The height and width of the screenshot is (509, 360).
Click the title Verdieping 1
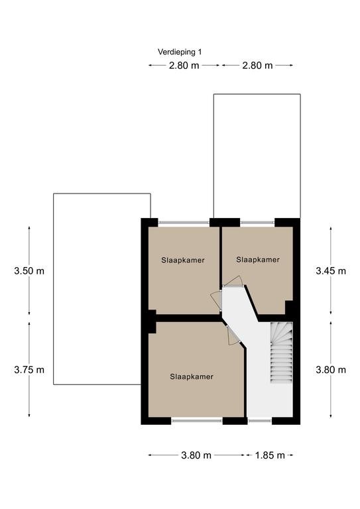[180, 52]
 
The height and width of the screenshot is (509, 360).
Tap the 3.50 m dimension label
[29, 270]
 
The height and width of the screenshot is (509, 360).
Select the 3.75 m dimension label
[29, 370]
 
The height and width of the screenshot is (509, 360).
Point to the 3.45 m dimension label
[331, 270]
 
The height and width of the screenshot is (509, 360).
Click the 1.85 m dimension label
[270, 455]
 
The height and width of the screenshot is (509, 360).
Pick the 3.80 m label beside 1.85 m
[196, 455]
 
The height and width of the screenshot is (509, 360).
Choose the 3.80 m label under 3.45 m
[331, 370]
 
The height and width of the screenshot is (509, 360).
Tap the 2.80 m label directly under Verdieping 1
[184, 66]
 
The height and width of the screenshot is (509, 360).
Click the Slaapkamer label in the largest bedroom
[192, 376]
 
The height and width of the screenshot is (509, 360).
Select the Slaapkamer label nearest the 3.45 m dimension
[258, 260]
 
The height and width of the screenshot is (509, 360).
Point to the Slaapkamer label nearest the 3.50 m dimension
[183, 260]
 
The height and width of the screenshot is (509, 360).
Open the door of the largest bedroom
[233, 335]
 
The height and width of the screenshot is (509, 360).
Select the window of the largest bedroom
[197, 421]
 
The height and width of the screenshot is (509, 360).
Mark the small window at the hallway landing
[260, 421]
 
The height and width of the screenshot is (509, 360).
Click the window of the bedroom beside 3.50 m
[184, 223]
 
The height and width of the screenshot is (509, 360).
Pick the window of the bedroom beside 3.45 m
[257, 223]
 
